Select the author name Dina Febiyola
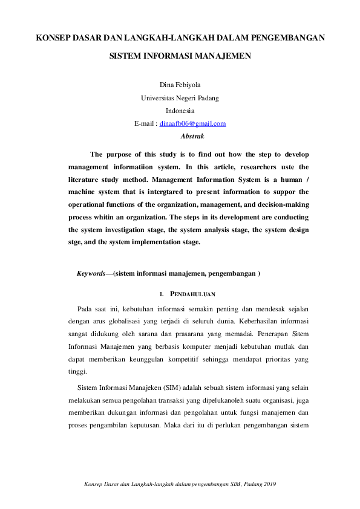pos(180,85)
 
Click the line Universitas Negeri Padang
pos(180,98)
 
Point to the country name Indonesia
pos(180,111)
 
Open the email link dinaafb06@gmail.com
pos(192,124)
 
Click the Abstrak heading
pos(192,137)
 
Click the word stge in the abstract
pos(76,242)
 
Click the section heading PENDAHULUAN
pos(192,295)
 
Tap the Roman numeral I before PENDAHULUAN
pos(160,295)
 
